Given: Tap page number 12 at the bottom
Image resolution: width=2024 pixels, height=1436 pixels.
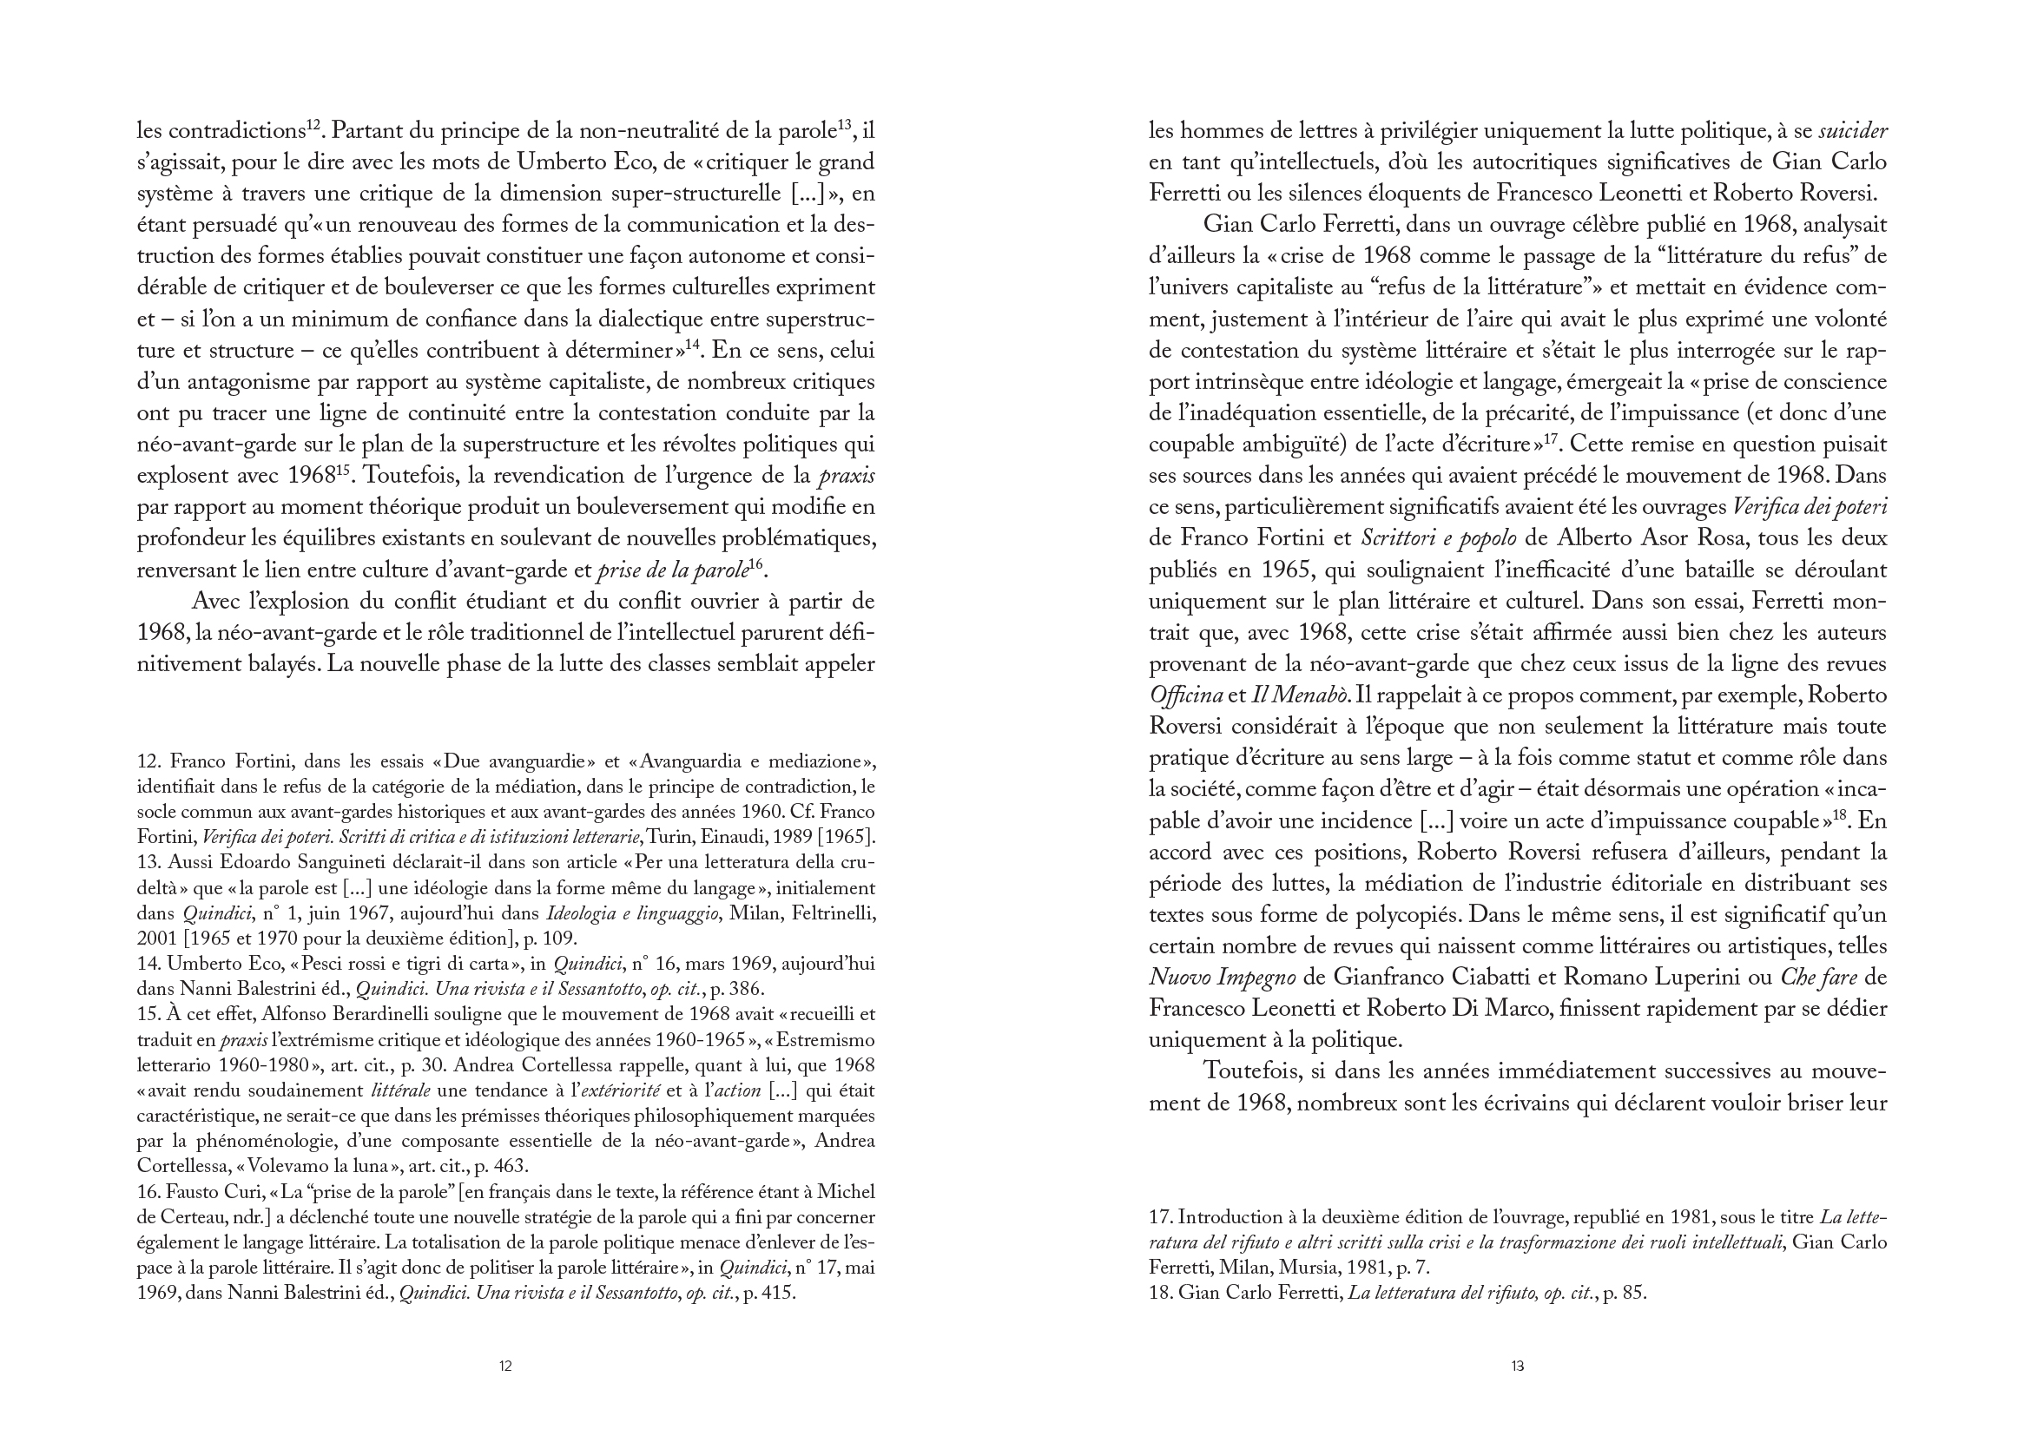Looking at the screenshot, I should tap(504, 1367).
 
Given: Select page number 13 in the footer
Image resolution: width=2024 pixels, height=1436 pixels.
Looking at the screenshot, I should tap(1517, 1367).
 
